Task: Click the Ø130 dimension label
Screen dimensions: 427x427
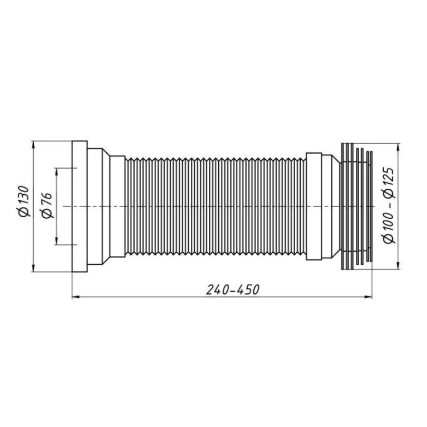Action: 24,202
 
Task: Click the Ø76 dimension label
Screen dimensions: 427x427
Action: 47,205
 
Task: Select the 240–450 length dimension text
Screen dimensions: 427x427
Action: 232,290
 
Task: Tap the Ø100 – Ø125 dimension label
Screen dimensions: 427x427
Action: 389,205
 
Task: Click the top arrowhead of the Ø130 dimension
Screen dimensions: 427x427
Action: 34,145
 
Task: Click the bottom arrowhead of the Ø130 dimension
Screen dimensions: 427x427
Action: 34,268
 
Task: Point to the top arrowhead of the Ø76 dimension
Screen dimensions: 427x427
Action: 56,172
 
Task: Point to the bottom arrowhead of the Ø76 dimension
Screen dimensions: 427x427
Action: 56,241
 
